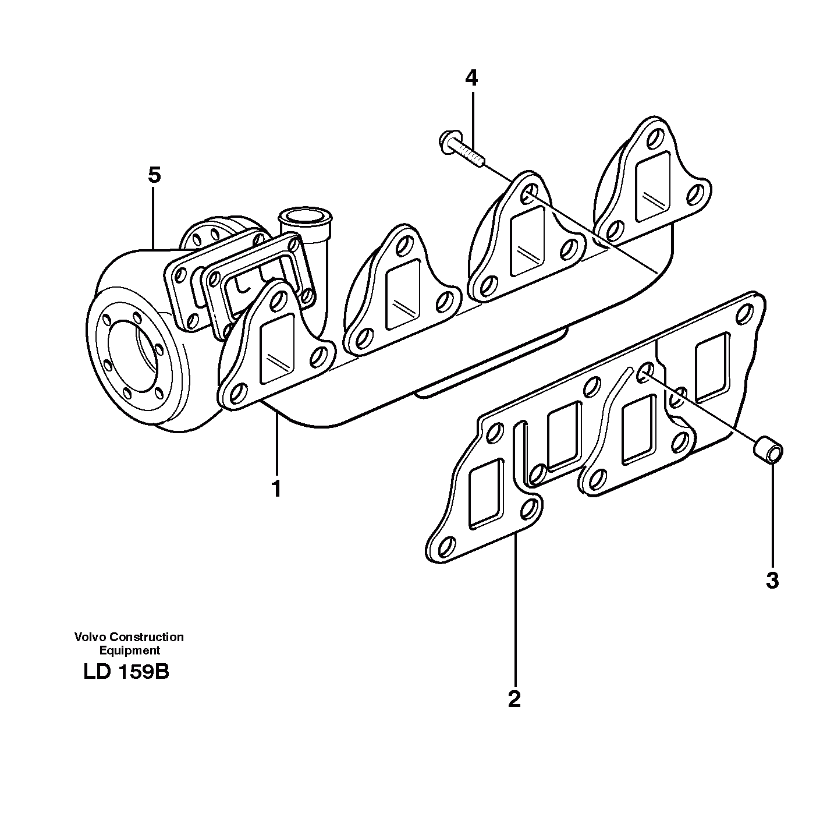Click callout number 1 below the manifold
click(276, 488)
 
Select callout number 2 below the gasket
click(514, 698)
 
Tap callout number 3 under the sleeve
click(772, 580)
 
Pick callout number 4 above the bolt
click(471, 77)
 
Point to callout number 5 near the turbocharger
click(154, 175)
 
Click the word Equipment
click(129, 650)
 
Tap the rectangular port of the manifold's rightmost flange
click(653, 186)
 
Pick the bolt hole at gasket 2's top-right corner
click(745, 314)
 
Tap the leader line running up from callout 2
click(515, 611)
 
